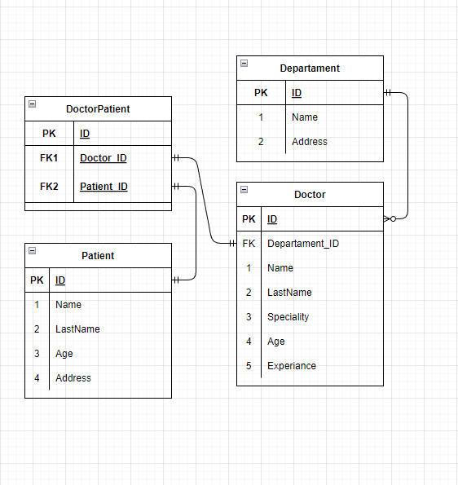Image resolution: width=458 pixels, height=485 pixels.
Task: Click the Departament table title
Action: [x=310, y=68]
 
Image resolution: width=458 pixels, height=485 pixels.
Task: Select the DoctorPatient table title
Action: [x=98, y=109]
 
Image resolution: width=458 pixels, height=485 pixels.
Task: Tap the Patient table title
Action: [x=98, y=256]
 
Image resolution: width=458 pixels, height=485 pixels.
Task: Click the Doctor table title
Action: [x=310, y=195]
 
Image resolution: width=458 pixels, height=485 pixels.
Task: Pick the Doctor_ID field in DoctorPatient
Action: [x=103, y=158]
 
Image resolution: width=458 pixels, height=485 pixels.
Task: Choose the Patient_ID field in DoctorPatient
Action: [x=103, y=187]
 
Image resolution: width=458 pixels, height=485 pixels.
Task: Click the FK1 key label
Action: [x=49, y=158]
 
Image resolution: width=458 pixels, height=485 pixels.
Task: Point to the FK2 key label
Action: [x=49, y=187]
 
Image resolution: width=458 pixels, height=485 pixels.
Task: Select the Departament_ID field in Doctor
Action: [x=303, y=244]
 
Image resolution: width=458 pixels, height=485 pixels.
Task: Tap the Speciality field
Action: [x=288, y=317]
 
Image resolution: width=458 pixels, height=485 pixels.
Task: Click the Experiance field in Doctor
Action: [x=292, y=366]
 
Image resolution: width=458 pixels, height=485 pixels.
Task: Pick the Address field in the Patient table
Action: [x=73, y=378]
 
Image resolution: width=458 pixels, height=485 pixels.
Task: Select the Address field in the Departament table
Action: [x=310, y=142]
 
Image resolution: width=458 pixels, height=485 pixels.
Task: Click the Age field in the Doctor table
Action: [x=276, y=342]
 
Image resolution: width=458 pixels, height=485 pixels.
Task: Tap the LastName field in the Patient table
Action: [x=77, y=329]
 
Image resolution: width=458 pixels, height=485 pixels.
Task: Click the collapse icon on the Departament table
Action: [x=244, y=64]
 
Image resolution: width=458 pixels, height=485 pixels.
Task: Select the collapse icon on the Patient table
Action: [x=32, y=251]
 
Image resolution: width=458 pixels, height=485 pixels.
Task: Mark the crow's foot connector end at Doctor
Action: [x=390, y=219]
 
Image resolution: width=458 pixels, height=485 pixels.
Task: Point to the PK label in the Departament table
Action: [x=261, y=93]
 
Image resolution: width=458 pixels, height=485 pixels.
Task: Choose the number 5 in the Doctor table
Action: [x=249, y=366]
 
